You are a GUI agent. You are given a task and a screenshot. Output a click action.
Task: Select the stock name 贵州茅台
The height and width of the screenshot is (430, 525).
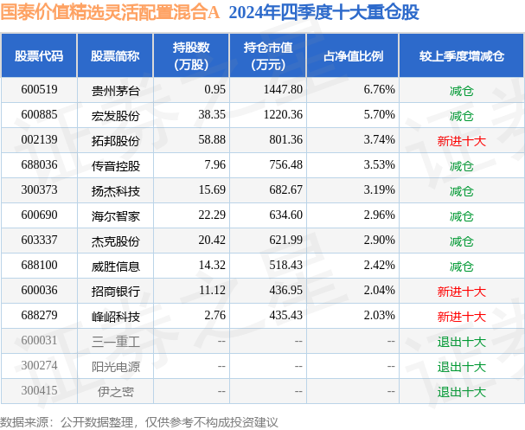pyautogui.click(x=114, y=89)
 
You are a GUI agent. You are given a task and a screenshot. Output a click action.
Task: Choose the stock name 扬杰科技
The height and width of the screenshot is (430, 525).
pyautogui.click(x=114, y=190)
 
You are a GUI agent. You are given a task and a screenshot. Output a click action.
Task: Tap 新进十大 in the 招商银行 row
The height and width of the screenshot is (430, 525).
pyautogui.click(x=461, y=292)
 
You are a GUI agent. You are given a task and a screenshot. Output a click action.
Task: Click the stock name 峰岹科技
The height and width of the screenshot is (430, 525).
pyautogui.click(x=114, y=317)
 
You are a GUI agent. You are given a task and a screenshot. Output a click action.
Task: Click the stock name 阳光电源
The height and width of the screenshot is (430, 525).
pyautogui.click(x=114, y=367)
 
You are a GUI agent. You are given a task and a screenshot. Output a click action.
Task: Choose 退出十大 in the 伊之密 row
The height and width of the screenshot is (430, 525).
pyautogui.click(x=461, y=392)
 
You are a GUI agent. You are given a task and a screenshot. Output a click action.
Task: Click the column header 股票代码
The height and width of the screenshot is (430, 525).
pyautogui.click(x=39, y=55)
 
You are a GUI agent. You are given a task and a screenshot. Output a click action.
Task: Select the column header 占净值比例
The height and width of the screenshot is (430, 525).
pyautogui.click(x=353, y=55)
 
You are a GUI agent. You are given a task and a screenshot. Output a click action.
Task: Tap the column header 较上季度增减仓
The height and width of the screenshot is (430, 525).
pyautogui.click(x=461, y=55)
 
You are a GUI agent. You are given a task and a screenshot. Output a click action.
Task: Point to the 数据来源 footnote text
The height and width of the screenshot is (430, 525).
pyautogui.click(x=138, y=421)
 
